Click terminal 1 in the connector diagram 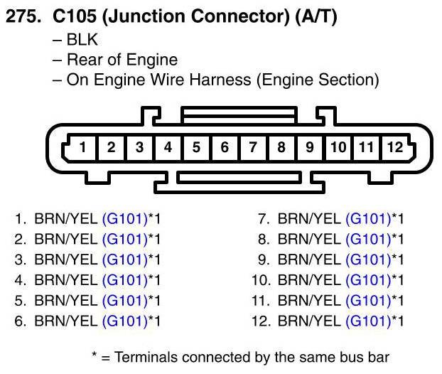[x=83, y=148]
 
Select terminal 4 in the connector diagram [x=168, y=148]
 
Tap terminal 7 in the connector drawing [x=253, y=148]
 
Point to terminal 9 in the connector [x=310, y=148]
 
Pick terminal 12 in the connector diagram [x=394, y=148]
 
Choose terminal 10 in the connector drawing [x=338, y=148]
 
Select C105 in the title [x=74, y=17]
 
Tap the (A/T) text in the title [x=312, y=17]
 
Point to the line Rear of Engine [x=122, y=60]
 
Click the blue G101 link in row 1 [x=124, y=219]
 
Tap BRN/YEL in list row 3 [x=67, y=260]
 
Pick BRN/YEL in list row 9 [x=310, y=260]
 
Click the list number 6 [x=21, y=321]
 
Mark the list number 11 [x=261, y=301]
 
